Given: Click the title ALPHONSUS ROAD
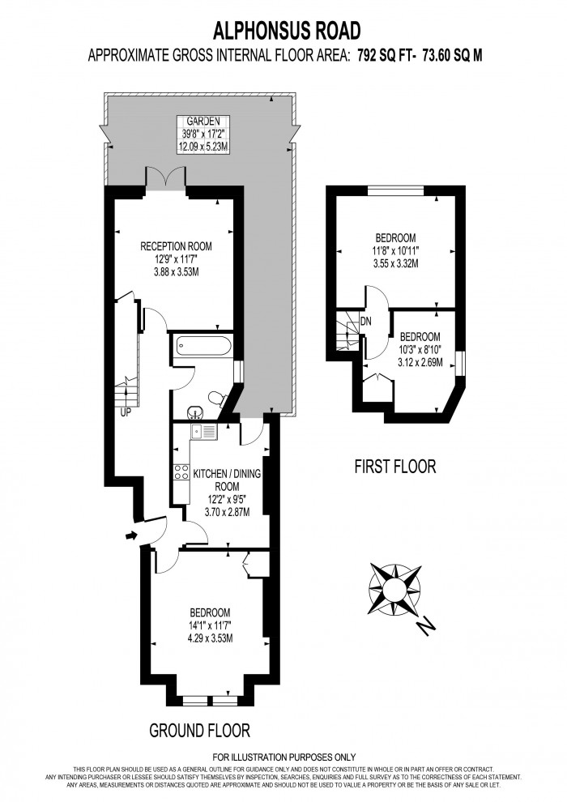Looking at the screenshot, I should (286, 31).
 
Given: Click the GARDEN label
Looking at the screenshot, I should (199, 121).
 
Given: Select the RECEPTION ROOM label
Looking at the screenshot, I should (176, 245).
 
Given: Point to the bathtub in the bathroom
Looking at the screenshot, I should (202, 348).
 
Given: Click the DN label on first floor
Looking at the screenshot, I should (366, 322).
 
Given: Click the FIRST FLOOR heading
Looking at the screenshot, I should (395, 467).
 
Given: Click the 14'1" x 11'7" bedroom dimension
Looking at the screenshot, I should (209, 625).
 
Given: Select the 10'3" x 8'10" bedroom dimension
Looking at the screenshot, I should (420, 350).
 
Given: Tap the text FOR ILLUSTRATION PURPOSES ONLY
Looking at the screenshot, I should (283, 758).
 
